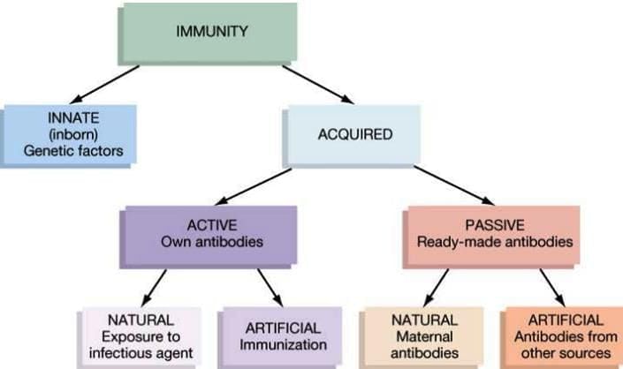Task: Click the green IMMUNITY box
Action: (x=211, y=34)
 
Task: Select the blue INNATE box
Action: (x=70, y=134)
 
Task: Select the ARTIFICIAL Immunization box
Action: (x=281, y=336)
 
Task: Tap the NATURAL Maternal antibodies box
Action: (x=423, y=336)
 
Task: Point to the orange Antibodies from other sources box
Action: (x=564, y=336)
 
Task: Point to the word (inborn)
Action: (x=69, y=134)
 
